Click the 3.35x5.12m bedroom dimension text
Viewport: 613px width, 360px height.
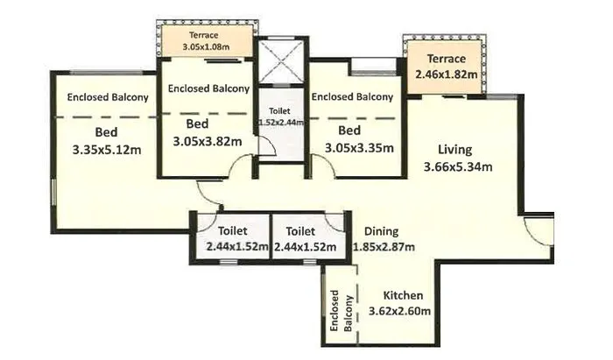click(107, 149)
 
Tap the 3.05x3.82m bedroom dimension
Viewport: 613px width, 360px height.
click(207, 141)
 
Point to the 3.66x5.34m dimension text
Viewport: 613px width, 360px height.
click(457, 167)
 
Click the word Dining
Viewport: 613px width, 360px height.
click(381, 231)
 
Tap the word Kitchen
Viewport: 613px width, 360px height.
click(404, 295)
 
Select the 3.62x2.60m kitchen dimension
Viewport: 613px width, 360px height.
click(404, 311)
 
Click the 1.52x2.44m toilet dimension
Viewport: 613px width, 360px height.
click(280, 123)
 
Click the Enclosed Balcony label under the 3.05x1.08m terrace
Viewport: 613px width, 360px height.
click(208, 88)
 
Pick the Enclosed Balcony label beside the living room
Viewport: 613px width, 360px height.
click(352, 96)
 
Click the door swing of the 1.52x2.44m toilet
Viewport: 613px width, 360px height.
click(267, 149)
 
